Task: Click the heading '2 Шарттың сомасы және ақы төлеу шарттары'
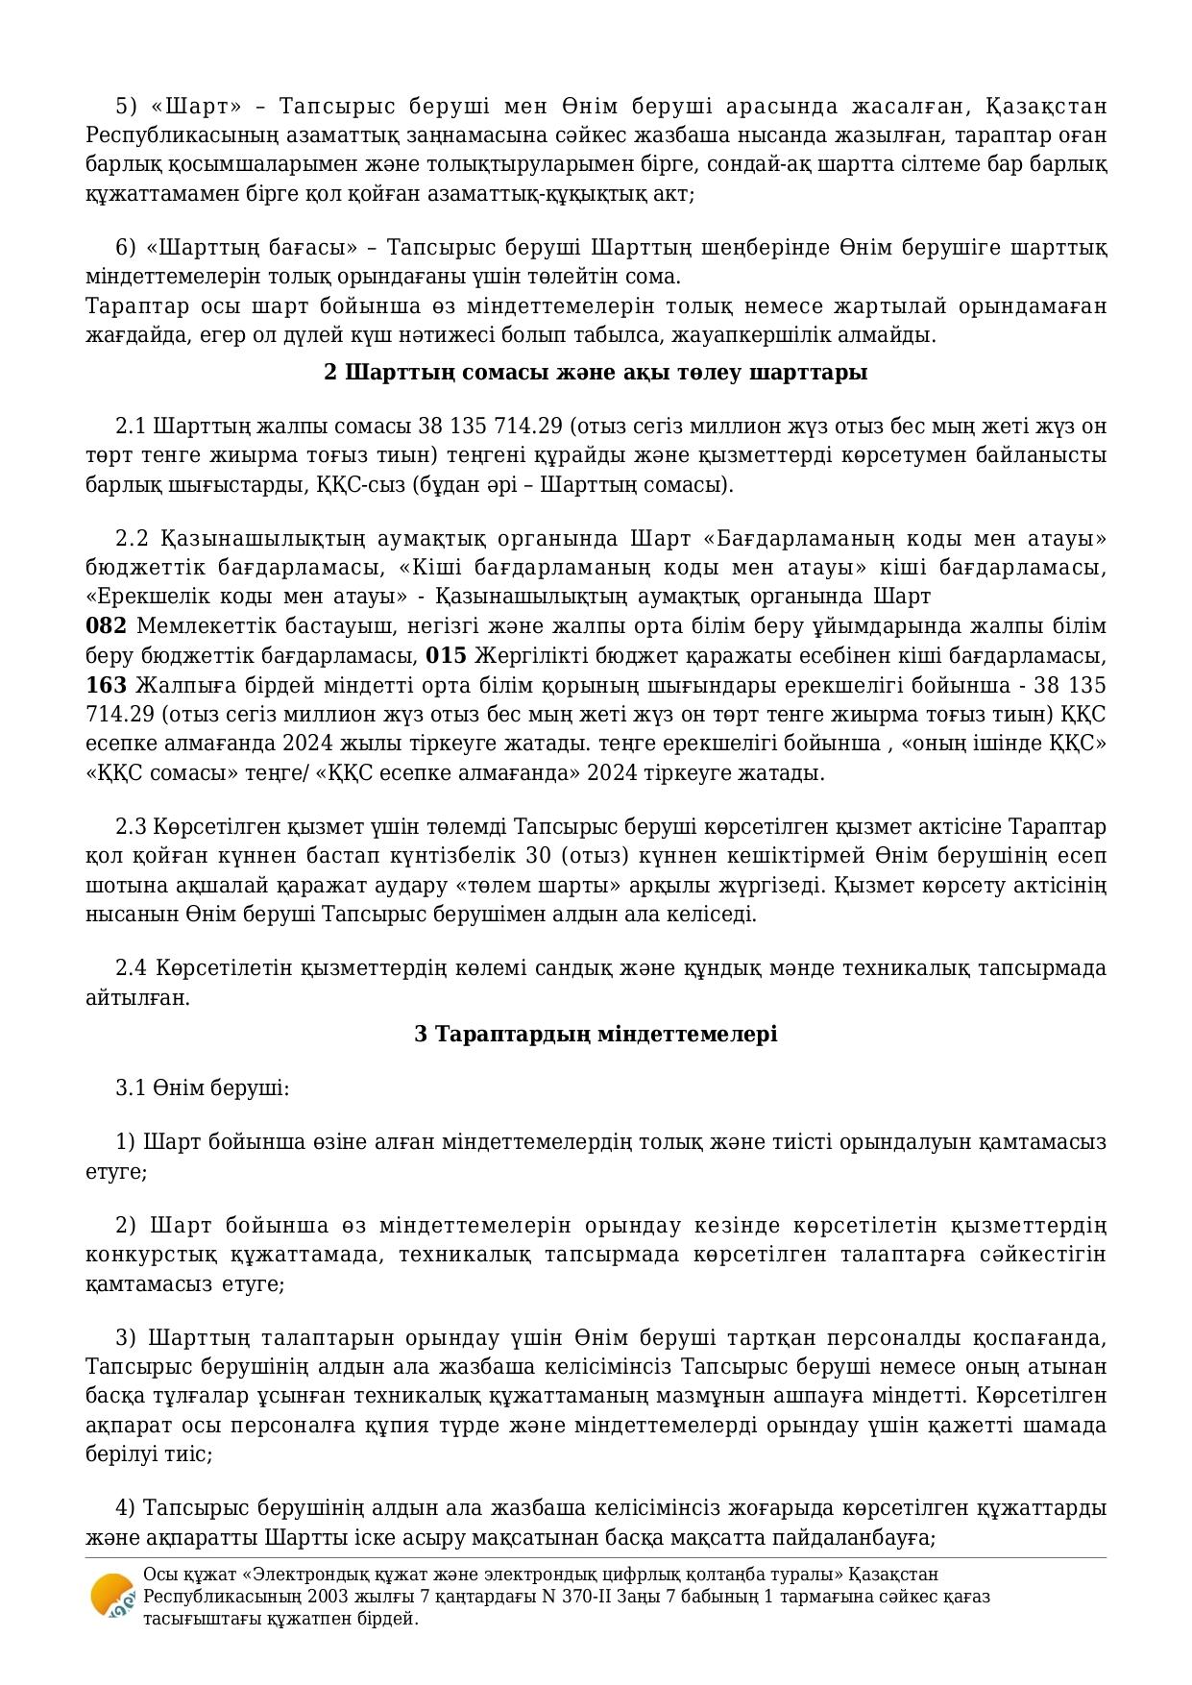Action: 596,373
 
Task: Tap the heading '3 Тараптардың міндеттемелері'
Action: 596,1034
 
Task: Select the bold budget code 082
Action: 106,626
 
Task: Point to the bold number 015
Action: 446,656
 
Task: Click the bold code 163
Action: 106,686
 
